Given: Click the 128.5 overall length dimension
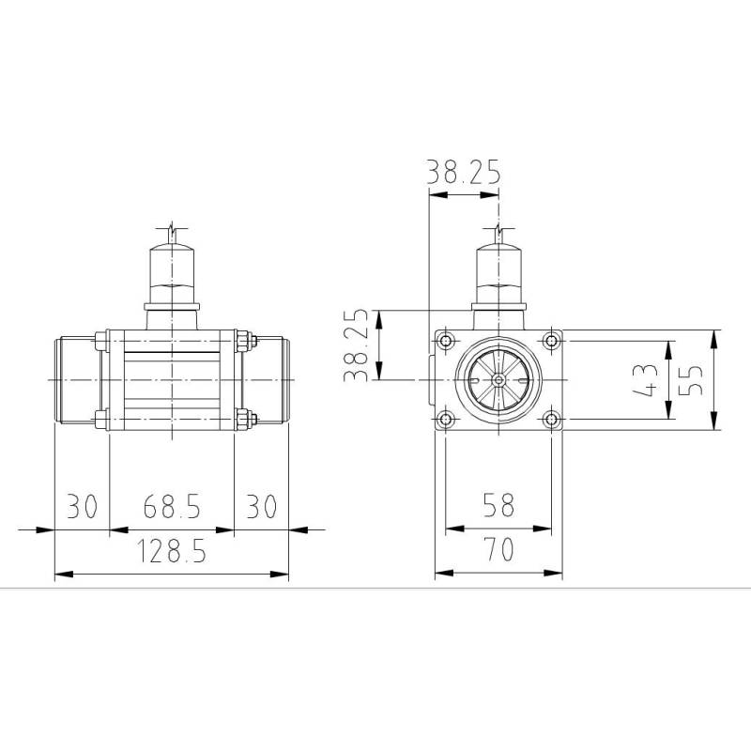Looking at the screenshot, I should click(172, 553).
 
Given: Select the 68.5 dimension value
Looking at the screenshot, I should click(172, 507).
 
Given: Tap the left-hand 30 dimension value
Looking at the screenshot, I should click(82, 507).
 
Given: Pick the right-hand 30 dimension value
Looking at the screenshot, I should click(262, 507).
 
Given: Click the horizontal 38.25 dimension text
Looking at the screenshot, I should click(464, 173).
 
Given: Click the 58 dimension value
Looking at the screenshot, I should click(498, 506).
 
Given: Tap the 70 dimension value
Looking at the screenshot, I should click(498, 549).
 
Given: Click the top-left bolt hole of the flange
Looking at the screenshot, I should click(445, 340).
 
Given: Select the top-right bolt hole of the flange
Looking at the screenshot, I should click(552, 340).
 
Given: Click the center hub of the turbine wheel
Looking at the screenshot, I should click(498, 380).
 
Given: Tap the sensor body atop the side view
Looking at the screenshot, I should click(172, 272).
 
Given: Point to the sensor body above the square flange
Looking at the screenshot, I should click(498, 272).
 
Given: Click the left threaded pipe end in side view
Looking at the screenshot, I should click(75, 380).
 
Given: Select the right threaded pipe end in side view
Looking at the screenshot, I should click(271, 380).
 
